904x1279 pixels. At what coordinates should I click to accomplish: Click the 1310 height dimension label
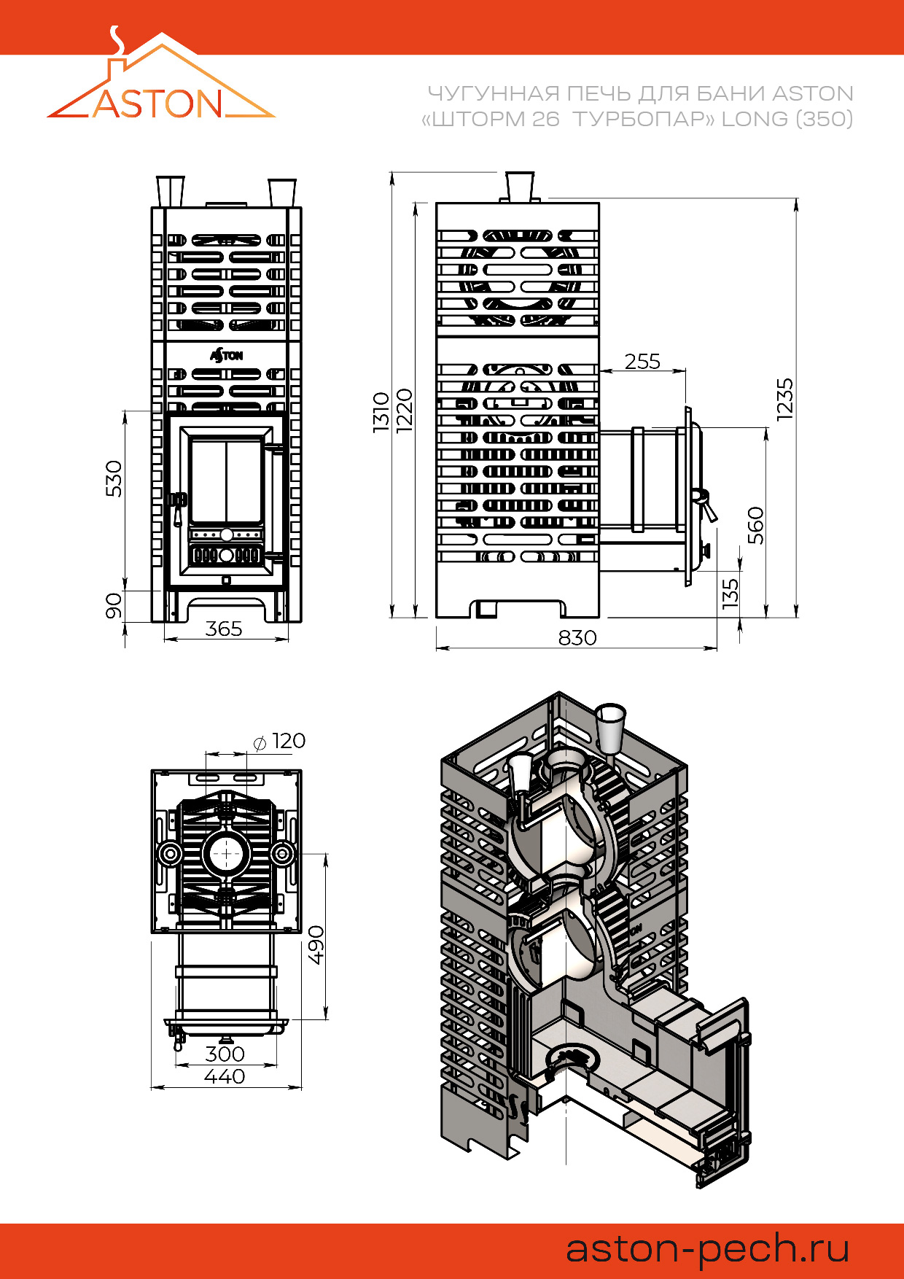[381, 412]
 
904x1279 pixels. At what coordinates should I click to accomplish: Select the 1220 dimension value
[405, 410]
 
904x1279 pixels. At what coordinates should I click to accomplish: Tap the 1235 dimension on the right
[784, 399]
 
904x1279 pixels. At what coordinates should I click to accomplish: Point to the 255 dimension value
[642, 361]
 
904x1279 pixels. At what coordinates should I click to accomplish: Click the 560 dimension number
[756, 525]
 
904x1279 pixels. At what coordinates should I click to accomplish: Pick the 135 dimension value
[730, 594]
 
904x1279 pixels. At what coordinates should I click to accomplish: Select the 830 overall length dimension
[577, 638]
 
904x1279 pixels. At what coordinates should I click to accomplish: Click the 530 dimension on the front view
[114, 478]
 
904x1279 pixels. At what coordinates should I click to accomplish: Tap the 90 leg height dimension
[114, 605]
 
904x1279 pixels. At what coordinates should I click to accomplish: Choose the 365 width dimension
[223, 629]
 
